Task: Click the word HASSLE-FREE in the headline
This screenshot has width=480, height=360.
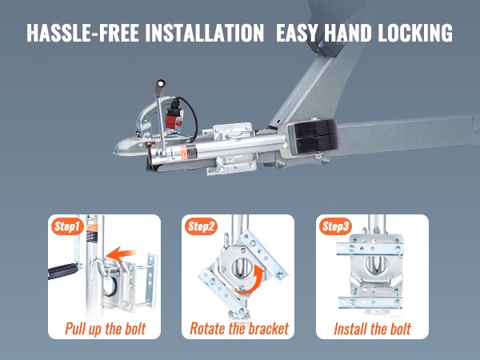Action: point(82,33)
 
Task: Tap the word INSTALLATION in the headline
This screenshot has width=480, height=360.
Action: point(204,33)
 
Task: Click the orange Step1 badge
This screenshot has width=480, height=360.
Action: point(67,226)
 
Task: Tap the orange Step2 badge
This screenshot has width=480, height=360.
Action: point(201,226)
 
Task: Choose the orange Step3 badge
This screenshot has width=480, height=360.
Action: point(335,226)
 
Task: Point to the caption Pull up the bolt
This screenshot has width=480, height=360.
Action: point(105,329)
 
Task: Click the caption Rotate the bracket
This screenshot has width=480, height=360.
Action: point(239,329)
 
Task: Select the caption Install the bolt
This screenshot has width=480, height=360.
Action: point(372,329)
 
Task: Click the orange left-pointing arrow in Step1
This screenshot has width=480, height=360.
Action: point(120,254)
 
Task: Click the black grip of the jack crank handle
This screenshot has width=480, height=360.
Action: point(159,88)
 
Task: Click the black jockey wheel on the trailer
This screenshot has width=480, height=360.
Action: point(315,136)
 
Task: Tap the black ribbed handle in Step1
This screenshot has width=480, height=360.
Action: point(63,270)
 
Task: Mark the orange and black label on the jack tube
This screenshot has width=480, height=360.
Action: point(189,153)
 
